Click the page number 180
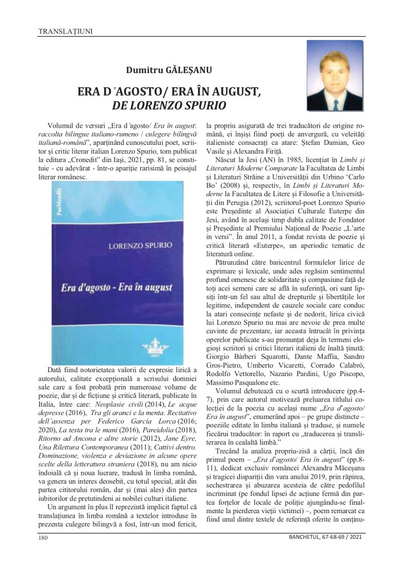[43, 538]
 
